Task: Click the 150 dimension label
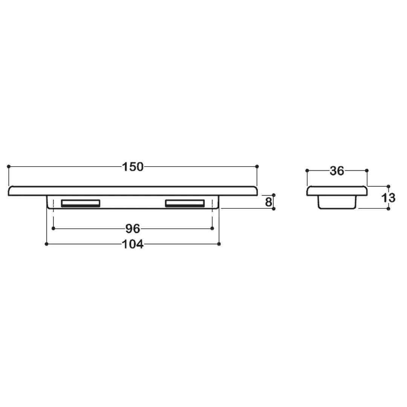[x=133, y=167]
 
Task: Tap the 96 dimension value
[x=133, y=228]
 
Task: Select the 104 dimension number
[x=133, y=244]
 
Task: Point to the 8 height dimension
[x=268, y=202]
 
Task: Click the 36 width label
[x=337, y=171]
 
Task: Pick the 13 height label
[x=388, y=198]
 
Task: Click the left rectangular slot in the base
[x=81, y=203]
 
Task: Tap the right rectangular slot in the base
[x=185, y=203]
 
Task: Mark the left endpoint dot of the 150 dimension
[x=9, y=167]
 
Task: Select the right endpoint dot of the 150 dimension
[x=257, y=167]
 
